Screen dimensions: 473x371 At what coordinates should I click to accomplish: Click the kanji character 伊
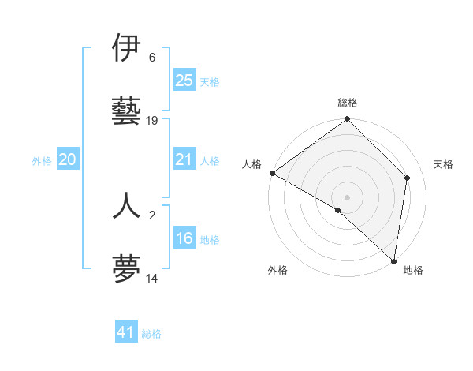tap(127, 49)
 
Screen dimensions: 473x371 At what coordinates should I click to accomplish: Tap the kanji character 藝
tap(127, 111)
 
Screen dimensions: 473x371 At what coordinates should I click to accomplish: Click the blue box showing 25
tap(184, 80)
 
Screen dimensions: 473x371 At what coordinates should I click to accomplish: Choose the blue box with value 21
tap(184, 160)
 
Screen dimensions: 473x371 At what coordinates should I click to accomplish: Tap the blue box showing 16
tap(184, 238)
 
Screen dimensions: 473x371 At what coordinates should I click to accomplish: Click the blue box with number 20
tap(68, 160)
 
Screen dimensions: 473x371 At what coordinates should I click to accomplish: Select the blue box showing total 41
tap(126, 332)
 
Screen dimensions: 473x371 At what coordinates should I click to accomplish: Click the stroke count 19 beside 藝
tap(152, 121)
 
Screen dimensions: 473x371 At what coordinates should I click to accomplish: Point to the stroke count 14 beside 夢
tap(152, 278)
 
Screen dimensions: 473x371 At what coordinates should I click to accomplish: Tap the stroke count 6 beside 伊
tap(152, 58)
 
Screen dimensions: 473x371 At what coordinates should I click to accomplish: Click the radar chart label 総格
tap(348, 103)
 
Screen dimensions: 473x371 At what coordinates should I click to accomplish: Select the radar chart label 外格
tap(277, 270)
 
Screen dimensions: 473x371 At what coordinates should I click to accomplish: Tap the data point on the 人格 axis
tap(272, 173)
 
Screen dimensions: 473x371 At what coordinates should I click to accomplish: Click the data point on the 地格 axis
tap(394, 260)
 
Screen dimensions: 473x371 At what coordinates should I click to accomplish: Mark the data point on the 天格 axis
tap(408, 178)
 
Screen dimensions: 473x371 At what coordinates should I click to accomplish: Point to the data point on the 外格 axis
tap(337, 210)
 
